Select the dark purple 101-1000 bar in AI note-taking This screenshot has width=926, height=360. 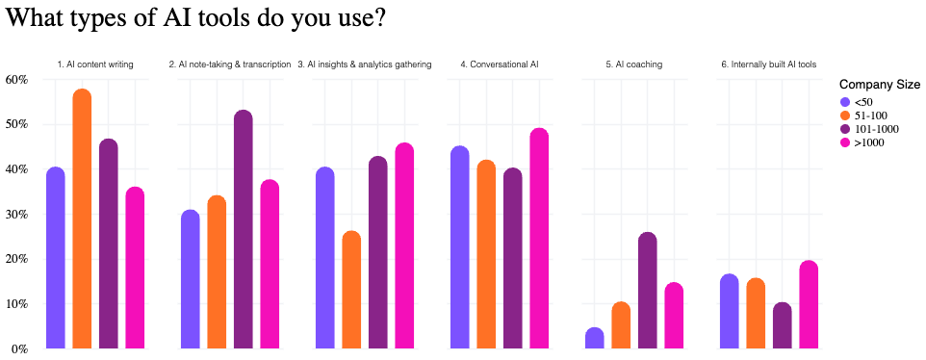244,230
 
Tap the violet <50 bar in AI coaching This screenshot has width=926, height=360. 594,339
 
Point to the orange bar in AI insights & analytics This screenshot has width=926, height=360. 351,290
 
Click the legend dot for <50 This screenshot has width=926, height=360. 845,102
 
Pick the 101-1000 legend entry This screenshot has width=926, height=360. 873,129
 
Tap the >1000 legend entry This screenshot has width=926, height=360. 868,142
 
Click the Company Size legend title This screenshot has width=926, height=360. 880,85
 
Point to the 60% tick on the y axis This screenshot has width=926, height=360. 16,79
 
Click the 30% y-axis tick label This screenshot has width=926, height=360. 16,214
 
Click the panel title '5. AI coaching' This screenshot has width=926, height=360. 633,64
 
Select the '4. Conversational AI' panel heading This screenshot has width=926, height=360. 499,64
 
